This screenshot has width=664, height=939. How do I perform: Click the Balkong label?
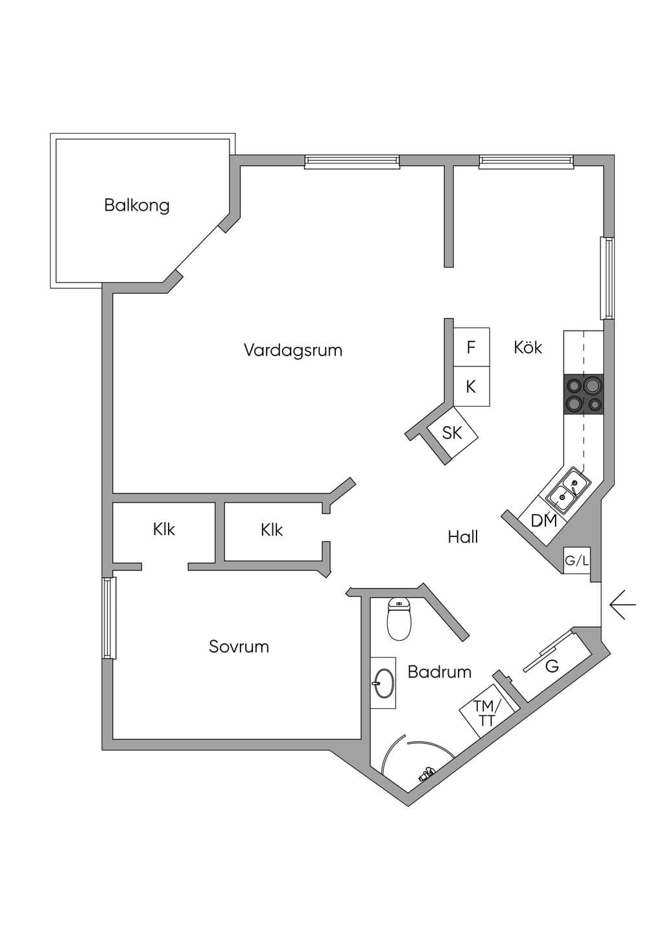click(x=137, y=206)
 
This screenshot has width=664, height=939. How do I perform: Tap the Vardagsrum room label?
click(x=293, y=350)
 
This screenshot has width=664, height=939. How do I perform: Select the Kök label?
click(x=528, y=348)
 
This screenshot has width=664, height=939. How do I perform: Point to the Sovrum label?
click(x=239, y=647)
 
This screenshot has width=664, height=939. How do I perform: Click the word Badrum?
click(x=439, y=672)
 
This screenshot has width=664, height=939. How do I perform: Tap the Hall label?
click(x=463, y=537)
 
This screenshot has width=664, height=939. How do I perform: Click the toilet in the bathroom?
click(x=399, y=618)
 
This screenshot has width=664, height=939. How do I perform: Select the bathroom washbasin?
click(x=384, y=683)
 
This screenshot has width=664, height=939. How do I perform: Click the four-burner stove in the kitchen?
click(x=584, y=394)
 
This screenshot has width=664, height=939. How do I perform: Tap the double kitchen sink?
click(x=568, y=491)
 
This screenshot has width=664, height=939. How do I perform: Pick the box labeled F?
click(x=471, y=347)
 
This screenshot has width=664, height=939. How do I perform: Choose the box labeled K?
click(x=471, y=386)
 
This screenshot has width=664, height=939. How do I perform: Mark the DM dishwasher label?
click(x=543, y=521)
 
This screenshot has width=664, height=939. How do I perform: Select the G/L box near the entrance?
click(x=577, y=560)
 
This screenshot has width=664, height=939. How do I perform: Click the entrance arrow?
click(x=623, y=604)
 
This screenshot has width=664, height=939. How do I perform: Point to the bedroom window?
click(x=109, y=618)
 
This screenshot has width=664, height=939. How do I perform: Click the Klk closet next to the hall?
click(x=272, y=530)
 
